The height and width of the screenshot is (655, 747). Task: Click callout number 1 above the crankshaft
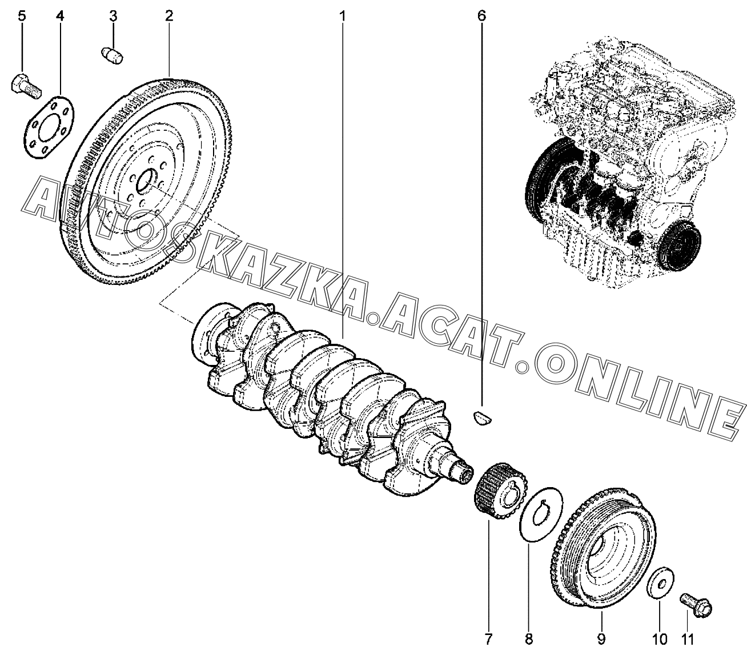pos(343,16)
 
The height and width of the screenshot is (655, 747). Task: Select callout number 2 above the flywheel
pos(169,16)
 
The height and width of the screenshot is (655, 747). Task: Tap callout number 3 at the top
pos(113,16)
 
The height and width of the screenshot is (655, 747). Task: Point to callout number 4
pos(61,16)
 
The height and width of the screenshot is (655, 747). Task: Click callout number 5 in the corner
pos(22,16)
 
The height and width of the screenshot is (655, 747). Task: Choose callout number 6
pos(481,16)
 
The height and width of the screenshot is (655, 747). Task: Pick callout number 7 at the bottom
pos(488,638)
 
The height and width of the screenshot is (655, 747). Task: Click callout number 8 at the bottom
pos(529,638)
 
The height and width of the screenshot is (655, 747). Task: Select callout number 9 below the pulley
pos(601,638)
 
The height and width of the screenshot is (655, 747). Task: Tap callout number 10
pos(659,638)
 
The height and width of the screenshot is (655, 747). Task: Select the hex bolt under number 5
pos(25,86)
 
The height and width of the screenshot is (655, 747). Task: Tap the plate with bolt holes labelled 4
pos(49,128)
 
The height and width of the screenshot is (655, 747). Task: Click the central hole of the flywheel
pos(146,182)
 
